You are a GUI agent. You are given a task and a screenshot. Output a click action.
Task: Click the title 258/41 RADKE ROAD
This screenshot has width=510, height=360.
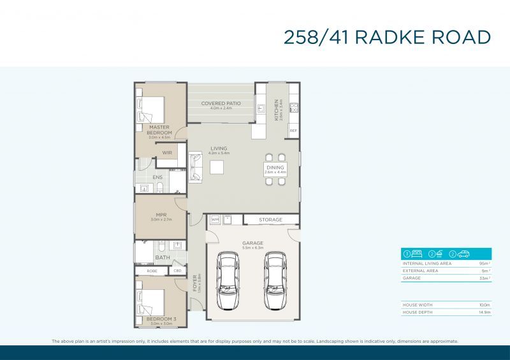(x=387, y=37)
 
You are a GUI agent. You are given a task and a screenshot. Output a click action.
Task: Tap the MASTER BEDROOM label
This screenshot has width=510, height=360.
(x=159, y=130)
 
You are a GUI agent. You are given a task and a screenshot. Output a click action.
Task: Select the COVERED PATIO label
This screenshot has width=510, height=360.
(x=221, y=103)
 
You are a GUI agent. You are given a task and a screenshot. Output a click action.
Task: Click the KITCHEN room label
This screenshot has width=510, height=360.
(x=277, y=110)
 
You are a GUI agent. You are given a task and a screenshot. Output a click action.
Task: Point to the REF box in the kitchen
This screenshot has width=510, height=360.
(x=293, y=131)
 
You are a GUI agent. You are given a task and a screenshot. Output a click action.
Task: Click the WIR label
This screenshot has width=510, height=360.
(x=167, y=153)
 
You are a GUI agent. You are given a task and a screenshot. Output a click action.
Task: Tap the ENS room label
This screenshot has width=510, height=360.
(x=157, y=177)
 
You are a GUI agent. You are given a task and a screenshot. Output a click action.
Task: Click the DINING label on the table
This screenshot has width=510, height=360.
(x=275, y=168)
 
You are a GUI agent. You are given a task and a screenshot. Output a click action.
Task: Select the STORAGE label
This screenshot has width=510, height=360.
(x=270, y=220)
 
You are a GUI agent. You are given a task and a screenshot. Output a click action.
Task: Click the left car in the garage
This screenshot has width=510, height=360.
(x=228, y=280)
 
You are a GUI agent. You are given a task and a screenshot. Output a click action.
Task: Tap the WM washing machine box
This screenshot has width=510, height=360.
(x=215, y=219)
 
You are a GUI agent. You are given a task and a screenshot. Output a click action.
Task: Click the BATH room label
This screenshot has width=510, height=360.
(x=162, y=257)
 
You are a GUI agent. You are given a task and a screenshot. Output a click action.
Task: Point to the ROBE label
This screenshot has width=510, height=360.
(x=152, y=271)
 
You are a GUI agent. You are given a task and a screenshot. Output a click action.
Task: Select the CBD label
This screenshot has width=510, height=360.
(x=177, y=271)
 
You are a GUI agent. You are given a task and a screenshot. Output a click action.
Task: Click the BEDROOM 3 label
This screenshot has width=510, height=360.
(x=161, y=318)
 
